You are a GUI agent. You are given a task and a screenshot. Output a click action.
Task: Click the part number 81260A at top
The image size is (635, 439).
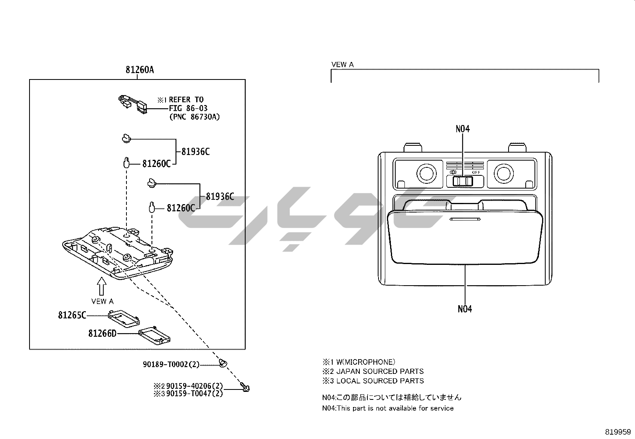click(x=140, y=70)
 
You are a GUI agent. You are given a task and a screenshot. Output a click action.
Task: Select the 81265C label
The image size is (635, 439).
click(x=72, y=315)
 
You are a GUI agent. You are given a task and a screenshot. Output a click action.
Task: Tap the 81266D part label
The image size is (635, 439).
click(x=102, y=333)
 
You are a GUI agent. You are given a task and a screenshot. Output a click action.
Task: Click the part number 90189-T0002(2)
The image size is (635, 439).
click(x=171, y=364)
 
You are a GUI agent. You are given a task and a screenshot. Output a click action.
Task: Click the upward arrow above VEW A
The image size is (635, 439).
click(x=102, y=286)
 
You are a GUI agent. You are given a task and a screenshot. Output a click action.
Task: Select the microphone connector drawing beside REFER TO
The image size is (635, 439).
click(x=133, y=104)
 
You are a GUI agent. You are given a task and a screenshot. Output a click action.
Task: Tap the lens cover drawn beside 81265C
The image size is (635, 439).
click(x=124, y=318)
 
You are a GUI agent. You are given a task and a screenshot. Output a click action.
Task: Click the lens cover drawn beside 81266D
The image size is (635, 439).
click(x=154, y=335)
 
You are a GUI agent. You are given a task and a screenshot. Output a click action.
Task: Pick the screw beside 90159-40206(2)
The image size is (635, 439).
click(x=245, y=387)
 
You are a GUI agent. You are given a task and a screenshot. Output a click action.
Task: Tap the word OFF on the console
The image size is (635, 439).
click(x=476, y=172)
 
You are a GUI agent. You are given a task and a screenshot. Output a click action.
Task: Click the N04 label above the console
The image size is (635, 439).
click(x=463, y=129)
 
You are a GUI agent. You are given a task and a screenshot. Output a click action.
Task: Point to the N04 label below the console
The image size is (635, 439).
click(x=465, y=309)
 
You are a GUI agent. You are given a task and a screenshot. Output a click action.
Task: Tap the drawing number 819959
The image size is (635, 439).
click(x=618, y=432)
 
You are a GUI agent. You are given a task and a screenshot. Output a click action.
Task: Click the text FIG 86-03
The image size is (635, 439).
click(x=188, y=108)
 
